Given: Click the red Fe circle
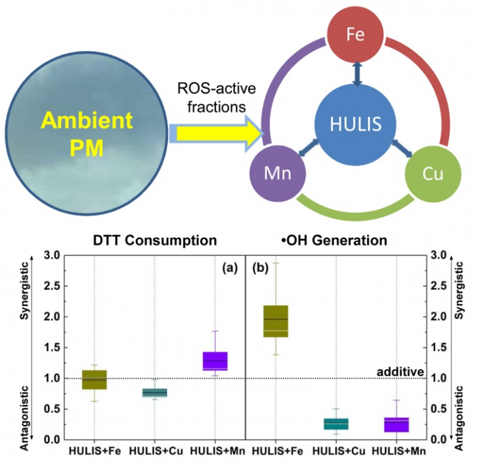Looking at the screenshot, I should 356,34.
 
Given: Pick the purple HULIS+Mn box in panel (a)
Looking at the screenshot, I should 215,360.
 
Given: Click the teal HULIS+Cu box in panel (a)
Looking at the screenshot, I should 155,392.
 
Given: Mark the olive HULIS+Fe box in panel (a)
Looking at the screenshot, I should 94,380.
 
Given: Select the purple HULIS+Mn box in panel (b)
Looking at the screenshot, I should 396,425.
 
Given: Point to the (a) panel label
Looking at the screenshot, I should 229,268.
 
